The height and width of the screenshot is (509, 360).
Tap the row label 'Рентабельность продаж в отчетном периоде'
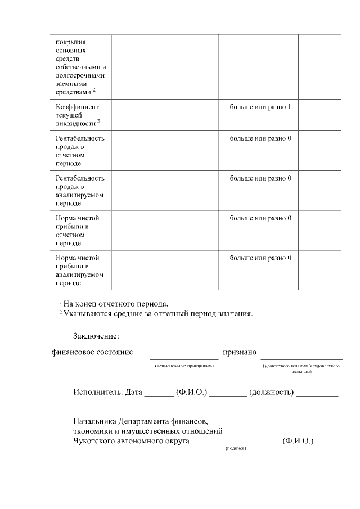pyautogui.click(x=80, y=151)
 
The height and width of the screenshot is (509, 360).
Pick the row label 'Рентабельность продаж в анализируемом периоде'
pyautogui.click(x=80, y=191)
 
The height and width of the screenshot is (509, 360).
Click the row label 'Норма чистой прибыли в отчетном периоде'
pyautogui.click(x=76, y=230)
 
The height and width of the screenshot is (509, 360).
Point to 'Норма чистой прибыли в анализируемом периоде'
pyautogui.click(x=80, y=270)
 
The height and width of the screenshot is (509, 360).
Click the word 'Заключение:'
pyautogui.click(x=96, y=336)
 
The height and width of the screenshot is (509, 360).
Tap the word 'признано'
pyautogui.click(x=240, y=352)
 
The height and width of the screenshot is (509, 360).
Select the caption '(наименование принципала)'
pyautogui.click(x=184, y=366)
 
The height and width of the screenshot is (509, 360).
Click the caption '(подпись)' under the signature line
pyautogui.click(x=236, y=448)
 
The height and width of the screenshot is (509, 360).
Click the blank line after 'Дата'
pyautogui.click(x=159, y=395)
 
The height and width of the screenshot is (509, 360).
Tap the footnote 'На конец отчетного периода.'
pyautogui.click(x=116, y=303)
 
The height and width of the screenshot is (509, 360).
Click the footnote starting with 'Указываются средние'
pyautogui.click(x=158, y=313)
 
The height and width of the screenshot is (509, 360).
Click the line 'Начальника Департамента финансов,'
pyautogui.click(x=141, y=421)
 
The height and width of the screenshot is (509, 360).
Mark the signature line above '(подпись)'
pyautogui.click(x=237, y=444)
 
